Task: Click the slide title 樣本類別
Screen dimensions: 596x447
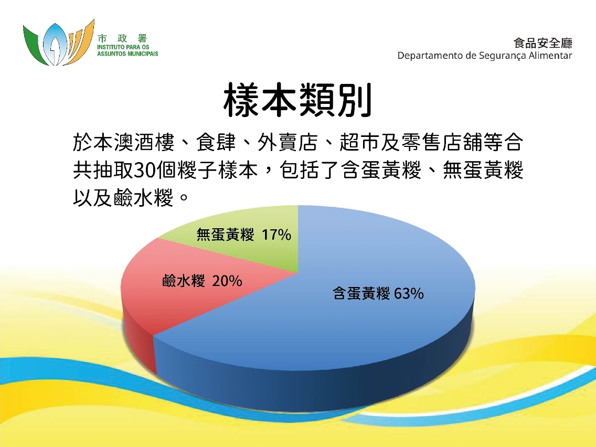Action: click(297, 100)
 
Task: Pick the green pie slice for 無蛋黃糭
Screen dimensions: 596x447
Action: click(243, 243)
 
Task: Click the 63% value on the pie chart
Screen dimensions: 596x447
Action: click(409, 293)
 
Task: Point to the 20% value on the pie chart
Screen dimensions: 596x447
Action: click(227, 281)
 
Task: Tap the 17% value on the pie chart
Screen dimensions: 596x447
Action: click(276, 235)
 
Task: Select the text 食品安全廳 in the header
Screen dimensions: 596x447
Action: click(543, 44)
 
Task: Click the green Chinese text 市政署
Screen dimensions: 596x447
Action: click(122, 38)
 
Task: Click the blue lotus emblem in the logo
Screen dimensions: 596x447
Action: click(53, 44)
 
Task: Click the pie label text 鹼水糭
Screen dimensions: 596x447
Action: click(184, 281)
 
